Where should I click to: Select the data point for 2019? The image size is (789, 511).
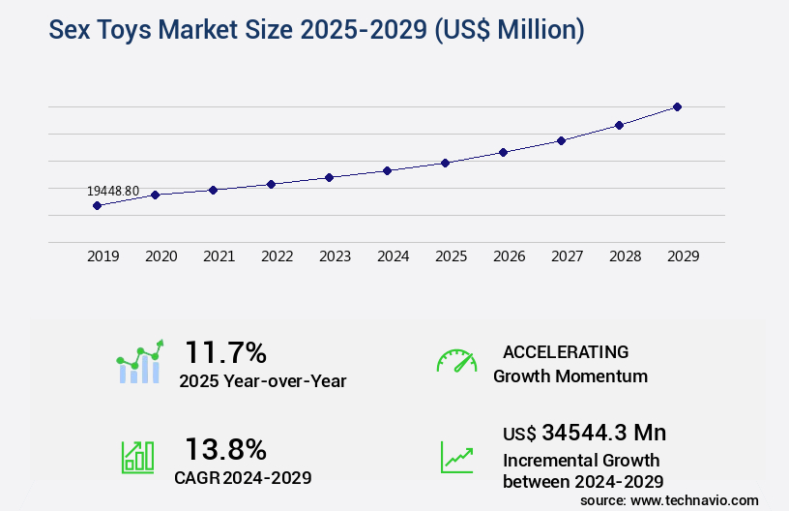[x=97, y=205]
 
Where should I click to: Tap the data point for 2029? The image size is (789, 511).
[x=677, y=106]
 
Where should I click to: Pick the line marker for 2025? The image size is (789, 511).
[x=445, y=163]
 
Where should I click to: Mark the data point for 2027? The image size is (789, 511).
[x=561, y=140]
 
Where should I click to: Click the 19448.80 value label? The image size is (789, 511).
[x=113, y=191]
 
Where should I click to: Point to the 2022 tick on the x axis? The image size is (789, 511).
[x=277, y=256]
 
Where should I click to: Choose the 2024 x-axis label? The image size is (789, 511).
[x=393, y=256]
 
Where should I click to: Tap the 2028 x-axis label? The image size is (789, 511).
[x=625, y=256]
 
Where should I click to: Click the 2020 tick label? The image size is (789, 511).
[x=161, y=256]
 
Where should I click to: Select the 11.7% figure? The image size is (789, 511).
[x=225, y=351]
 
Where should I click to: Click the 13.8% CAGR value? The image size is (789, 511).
[x=225, y=449]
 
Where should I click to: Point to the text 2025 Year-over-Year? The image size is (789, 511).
[x=262, y=381]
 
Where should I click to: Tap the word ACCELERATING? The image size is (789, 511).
[x=566, y=351]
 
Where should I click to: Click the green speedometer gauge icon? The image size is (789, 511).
[x=456, y=361]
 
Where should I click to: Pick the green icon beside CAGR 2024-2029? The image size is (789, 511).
[x=136, y=457]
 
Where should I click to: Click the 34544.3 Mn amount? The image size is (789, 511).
[x=604, y=432]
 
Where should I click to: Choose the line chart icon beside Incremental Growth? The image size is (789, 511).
[x=456, y=457]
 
